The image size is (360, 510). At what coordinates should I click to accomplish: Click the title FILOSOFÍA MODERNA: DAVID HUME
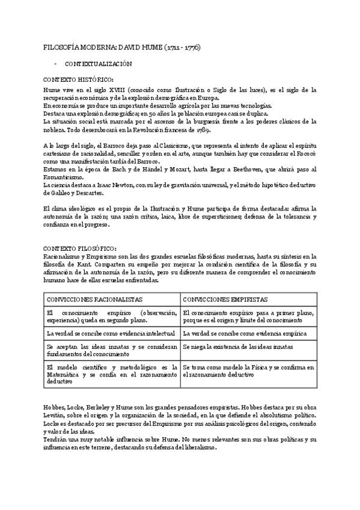click(122, 46)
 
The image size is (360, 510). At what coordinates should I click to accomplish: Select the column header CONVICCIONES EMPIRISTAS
click(225, 299)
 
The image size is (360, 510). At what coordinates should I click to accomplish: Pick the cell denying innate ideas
click(237, 347)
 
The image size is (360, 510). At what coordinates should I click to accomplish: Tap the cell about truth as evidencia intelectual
click(111, 333)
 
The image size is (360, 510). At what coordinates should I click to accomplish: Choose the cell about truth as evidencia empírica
click(245, 333)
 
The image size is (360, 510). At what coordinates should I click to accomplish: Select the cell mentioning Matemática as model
click(111, 374)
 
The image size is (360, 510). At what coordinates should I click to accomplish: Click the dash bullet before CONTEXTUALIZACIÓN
click(55, 63)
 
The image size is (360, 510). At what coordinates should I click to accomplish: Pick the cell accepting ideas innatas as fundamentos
click(111, 351)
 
